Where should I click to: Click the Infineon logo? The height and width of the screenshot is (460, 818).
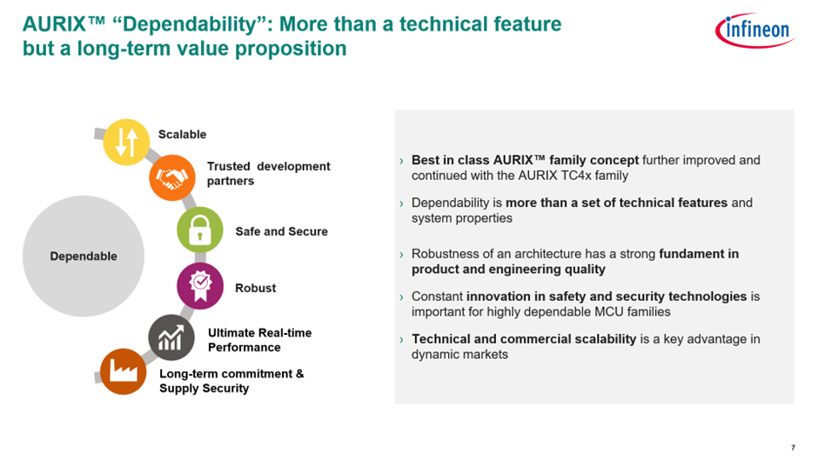point(754,31)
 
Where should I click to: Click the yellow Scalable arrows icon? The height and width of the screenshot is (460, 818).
point(126,143)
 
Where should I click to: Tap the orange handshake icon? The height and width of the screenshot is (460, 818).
point(171,177)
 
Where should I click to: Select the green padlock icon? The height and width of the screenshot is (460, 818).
point(199,230)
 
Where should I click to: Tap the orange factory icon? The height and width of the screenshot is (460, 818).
point(123,371)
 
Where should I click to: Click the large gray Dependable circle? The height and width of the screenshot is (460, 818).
point(83,256)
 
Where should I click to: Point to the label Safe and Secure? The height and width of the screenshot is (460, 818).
point(281,231)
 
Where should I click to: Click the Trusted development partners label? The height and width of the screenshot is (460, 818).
point(268,173)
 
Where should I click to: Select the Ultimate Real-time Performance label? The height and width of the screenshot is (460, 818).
point(259,340)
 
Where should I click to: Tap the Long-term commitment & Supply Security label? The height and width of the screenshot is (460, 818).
point(231,381)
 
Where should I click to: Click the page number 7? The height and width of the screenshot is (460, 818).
point(793,448)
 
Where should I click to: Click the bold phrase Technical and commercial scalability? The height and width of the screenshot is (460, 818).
point(524,339)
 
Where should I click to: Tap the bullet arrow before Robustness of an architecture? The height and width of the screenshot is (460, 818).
point(401,256)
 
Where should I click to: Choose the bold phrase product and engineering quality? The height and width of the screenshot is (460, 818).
point(508,270)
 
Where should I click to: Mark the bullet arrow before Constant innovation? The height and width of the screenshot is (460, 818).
point(401,297)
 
